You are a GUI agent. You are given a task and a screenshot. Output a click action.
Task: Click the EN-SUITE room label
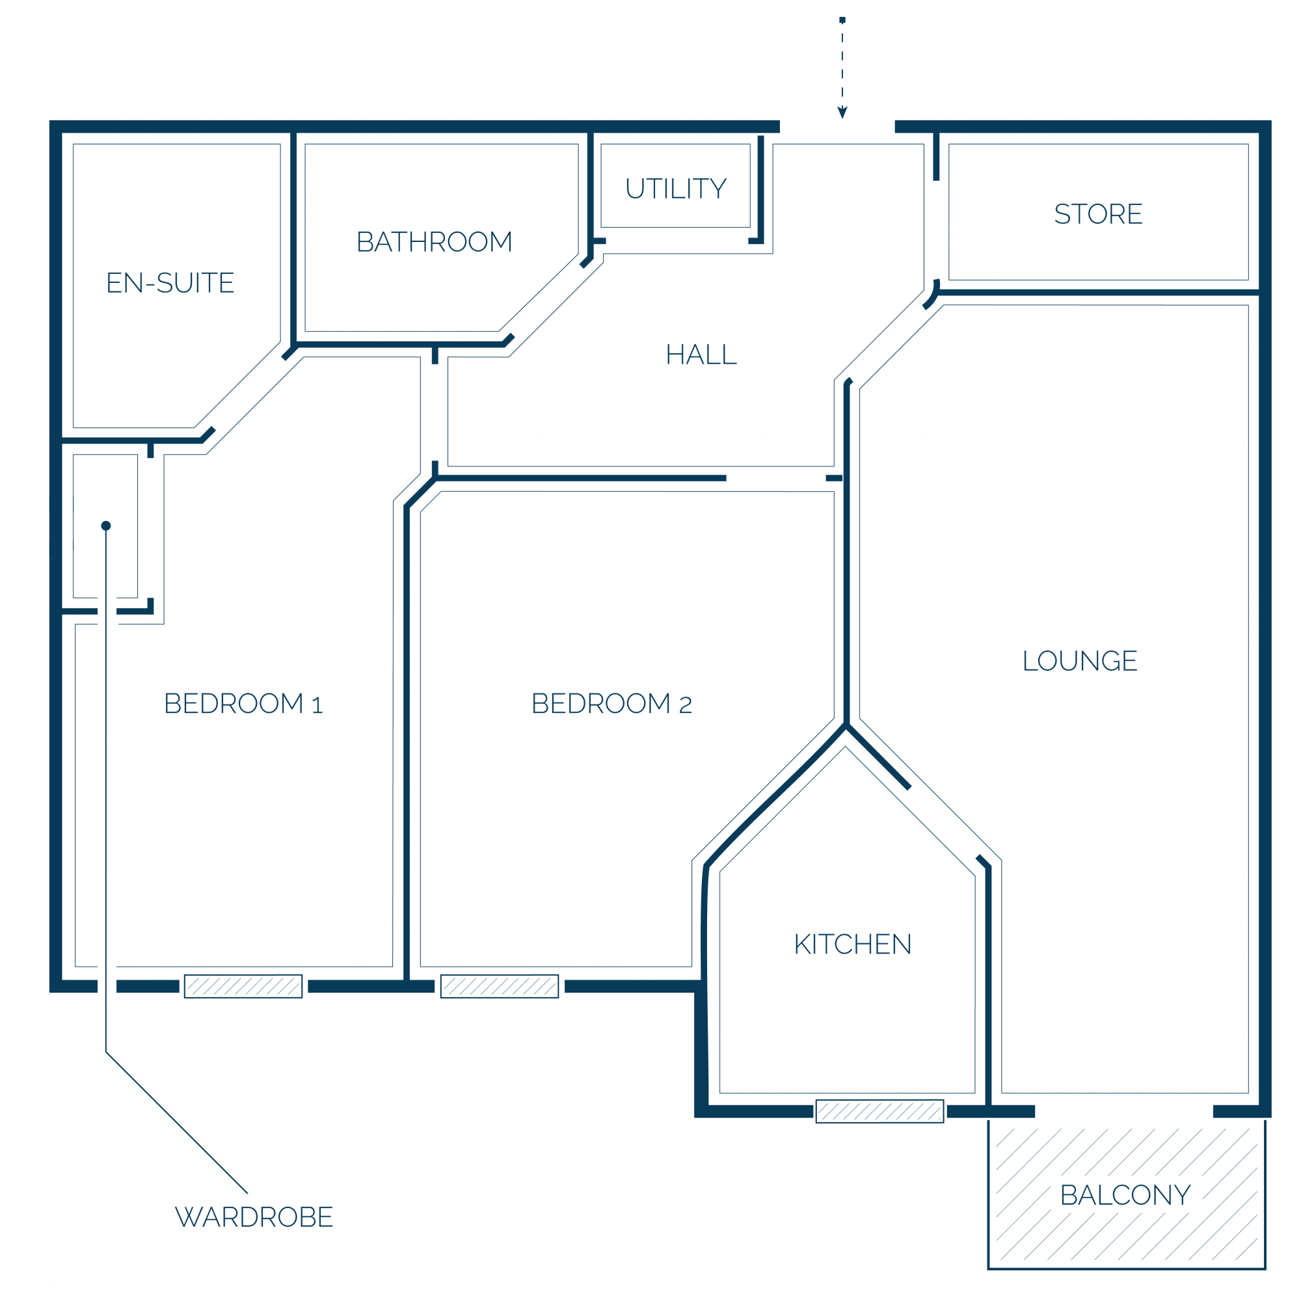point(170,283)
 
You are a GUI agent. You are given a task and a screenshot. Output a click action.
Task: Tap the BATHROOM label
point(435,242)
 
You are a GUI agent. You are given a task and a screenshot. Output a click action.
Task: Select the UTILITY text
point(676,189)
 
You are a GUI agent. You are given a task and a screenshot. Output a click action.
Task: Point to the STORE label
point(1098,214)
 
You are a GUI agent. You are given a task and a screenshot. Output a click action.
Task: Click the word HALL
point(701,355)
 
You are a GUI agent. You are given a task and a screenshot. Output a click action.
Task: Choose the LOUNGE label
point(1080,662)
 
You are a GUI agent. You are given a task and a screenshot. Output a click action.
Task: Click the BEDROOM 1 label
point(244,704)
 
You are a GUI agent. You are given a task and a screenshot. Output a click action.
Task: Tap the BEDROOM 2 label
point(612,704)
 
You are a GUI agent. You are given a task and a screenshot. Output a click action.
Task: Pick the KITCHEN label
point(853,945)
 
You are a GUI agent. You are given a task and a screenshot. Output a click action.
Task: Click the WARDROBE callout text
point(254,1218)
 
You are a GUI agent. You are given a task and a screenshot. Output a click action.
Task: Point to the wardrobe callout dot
point(106,526)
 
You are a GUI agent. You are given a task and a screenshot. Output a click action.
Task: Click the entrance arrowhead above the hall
point(842,113)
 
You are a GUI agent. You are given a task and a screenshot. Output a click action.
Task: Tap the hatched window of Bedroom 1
point(243,987)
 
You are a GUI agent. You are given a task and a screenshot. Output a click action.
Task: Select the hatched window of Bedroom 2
point(500,987)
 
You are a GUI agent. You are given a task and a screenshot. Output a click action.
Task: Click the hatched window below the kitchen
point(880,1112)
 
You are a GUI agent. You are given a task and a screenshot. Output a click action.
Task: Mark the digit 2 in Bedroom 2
point(686,705)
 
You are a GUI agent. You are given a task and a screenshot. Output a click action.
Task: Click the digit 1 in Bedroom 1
point(318,705)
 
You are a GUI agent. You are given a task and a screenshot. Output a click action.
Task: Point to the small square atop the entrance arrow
point(842,20)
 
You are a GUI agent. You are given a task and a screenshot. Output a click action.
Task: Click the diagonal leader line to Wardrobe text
point(176,1123)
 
